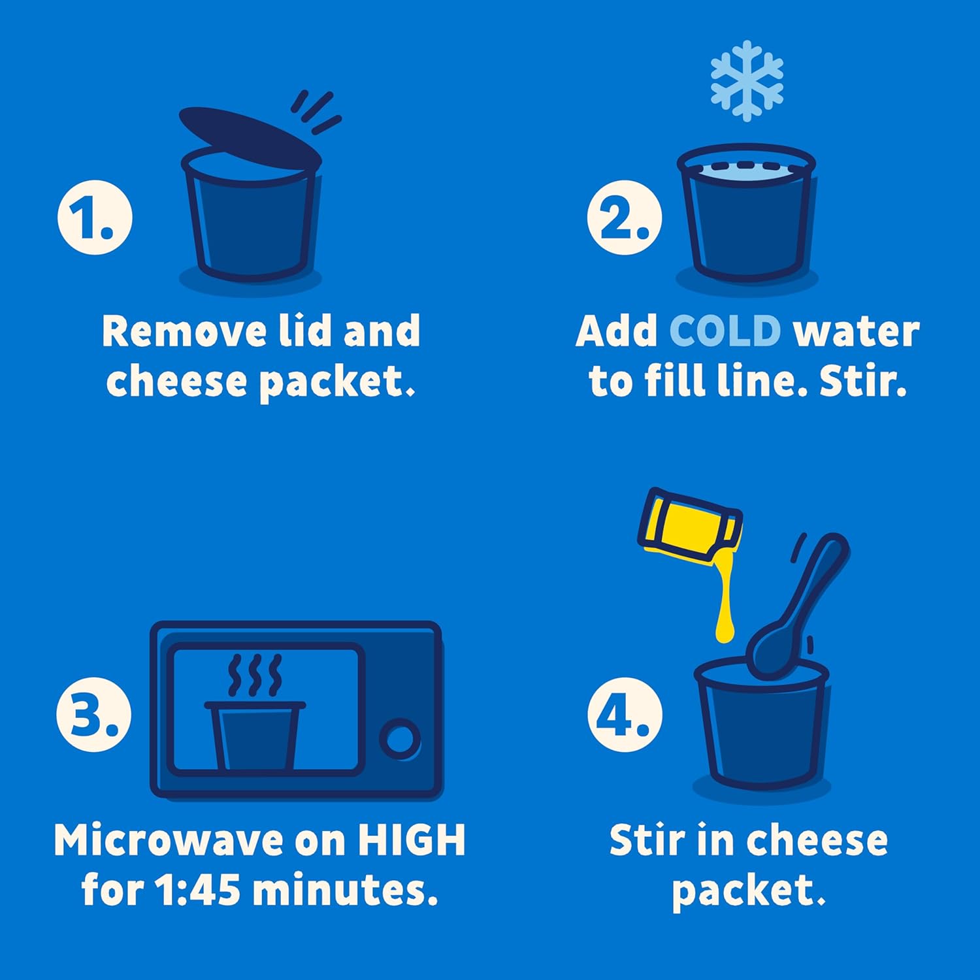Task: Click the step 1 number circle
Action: coord(95,218)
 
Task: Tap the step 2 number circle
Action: coord(625,218)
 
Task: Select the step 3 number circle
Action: coord(94,714)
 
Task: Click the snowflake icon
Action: coord(747,81)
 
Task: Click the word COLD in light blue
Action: coord(725,331)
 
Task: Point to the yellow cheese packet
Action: coord(690,527)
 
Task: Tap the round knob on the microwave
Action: coord(400,739)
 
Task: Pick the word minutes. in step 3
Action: coord(345,890)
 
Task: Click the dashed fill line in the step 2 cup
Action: coord(746,166)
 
